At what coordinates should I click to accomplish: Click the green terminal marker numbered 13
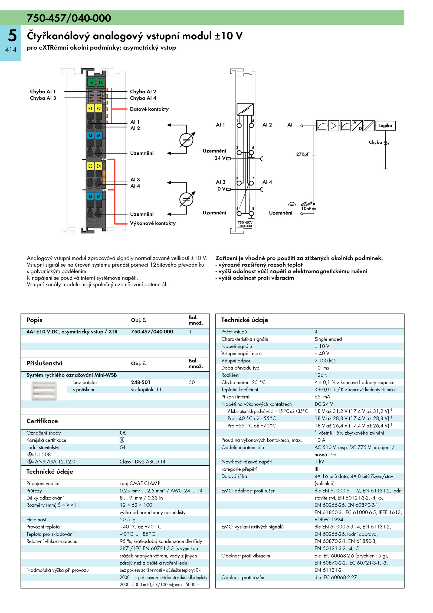pos(91,82)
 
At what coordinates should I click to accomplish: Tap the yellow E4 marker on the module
pos(99,166)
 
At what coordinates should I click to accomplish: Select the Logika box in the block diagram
pos(385,126)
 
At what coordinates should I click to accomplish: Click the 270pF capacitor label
pos(303,154)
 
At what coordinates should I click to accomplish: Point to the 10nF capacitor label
pos(306,209)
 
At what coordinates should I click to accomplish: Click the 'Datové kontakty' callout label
pos(149,109)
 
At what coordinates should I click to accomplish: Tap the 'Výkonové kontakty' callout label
pos(153,223)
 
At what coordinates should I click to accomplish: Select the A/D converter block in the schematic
pos(357,126)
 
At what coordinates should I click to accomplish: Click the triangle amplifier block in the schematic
pos(333,126)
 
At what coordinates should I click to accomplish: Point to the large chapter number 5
pos(12,35)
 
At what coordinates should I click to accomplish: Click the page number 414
pos(11,50)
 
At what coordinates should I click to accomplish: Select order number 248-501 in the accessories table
pos(140,382)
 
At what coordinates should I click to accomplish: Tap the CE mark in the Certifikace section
pos(123,433)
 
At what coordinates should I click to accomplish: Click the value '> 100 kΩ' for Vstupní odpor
pos(325,361)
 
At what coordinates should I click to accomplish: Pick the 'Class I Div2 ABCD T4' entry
pos(142,462)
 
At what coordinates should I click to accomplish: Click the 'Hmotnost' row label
pos(36,520)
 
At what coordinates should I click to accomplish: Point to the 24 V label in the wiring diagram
pos(220,158)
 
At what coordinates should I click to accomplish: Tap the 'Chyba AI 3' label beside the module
pos(43,98)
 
